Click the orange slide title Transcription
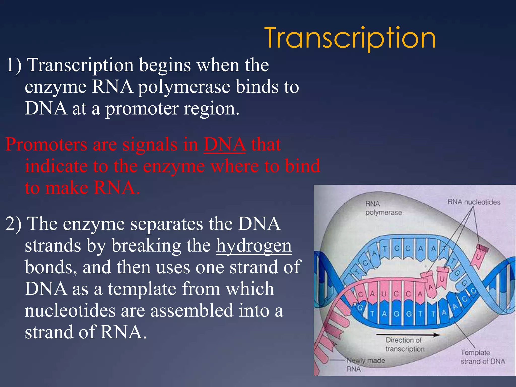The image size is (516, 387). click(x=350, y=38)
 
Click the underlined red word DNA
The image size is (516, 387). click(x=224, y=145)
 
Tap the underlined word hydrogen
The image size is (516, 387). click(x=254, y=246)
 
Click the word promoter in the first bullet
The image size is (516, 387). click(x=142, y=109)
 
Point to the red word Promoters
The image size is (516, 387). click(x=46, y=145)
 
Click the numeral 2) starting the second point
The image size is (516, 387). click(x=13, y=224)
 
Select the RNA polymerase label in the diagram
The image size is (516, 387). click(x=383, y=208)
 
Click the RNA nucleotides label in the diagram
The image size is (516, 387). click(x=474, y=202)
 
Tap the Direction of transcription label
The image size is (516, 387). click(x=405, y=344)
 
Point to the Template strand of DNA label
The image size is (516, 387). click(x=482, y=357)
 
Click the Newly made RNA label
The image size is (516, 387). click(x=365, y=364)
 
